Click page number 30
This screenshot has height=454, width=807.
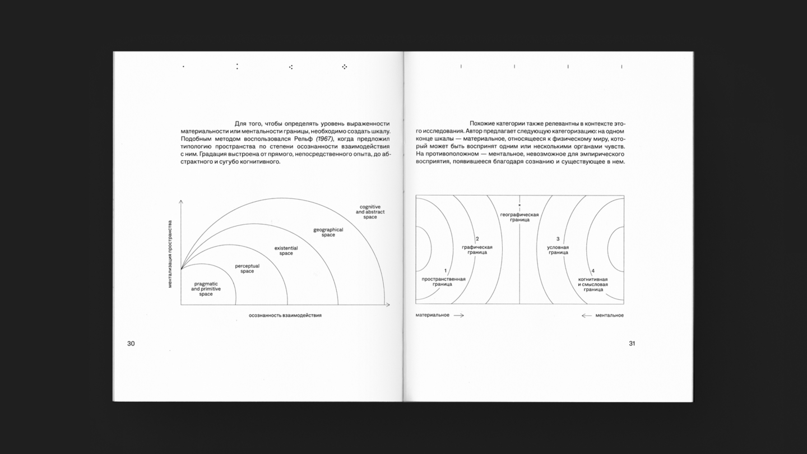click(131, 344)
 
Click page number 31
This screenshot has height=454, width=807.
click(632, 344)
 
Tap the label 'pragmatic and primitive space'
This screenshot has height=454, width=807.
click(206, 289)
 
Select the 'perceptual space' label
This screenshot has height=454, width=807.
click(247, 268)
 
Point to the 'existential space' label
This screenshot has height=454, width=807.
click(286, 251)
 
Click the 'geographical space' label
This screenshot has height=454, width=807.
click(328, 232)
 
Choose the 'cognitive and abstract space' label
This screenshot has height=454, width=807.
click(370, 212)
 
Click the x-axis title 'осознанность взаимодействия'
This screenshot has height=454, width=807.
click(285, 315)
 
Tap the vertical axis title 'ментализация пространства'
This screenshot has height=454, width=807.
click(170, 254)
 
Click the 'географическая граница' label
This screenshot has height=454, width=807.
click(520, 217)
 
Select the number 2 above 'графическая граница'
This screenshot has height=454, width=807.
click(477, 239)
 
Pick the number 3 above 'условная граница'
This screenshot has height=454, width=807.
click(558, 239)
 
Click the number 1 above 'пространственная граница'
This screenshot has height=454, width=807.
click(446, 271)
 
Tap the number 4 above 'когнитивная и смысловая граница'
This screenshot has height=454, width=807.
click(593, 271)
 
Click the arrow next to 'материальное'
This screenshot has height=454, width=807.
click(458, 316)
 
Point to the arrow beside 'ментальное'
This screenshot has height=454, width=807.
click(587, 316)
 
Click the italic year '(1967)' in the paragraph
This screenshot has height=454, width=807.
click(324, 138)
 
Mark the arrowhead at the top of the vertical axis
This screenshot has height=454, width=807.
click(181, 201)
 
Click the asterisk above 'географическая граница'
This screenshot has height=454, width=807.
click(520, 205)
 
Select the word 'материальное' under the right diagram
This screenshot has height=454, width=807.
click(432, 315)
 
